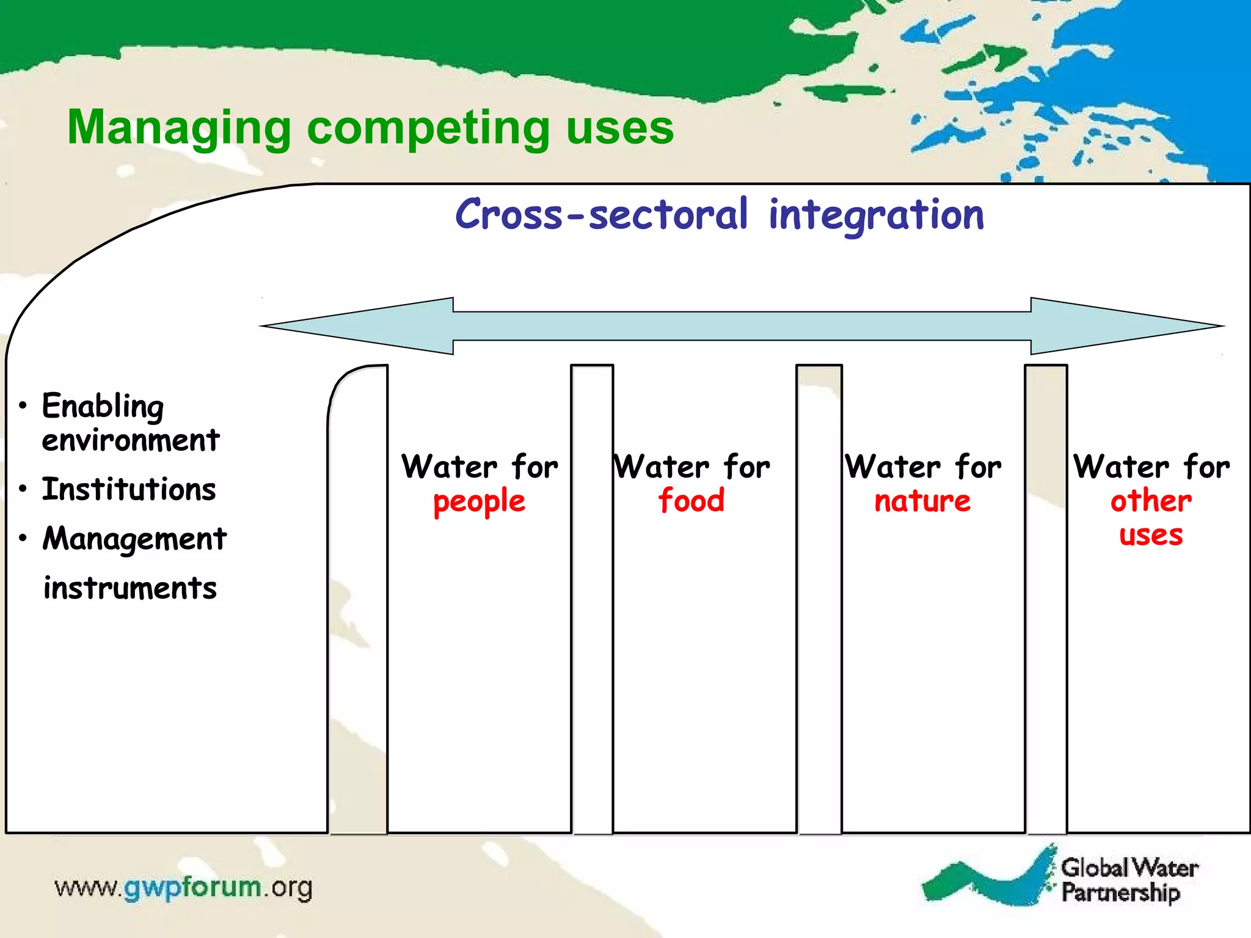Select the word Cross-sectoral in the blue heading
tap(601, 215)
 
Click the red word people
tap(479, 502)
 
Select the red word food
tap(691, 501)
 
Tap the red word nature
tap(922, 502)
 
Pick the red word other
tap(1150, 501)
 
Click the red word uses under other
tap(1150, 536)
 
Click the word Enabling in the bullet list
tap(103, 407)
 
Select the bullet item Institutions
tap(129, 490)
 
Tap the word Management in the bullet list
tap(134, 539)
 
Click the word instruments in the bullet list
tap(130, 589)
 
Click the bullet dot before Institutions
tap(23, 489)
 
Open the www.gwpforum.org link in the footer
tap(183, 887)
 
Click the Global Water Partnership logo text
tap(1129, 880)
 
